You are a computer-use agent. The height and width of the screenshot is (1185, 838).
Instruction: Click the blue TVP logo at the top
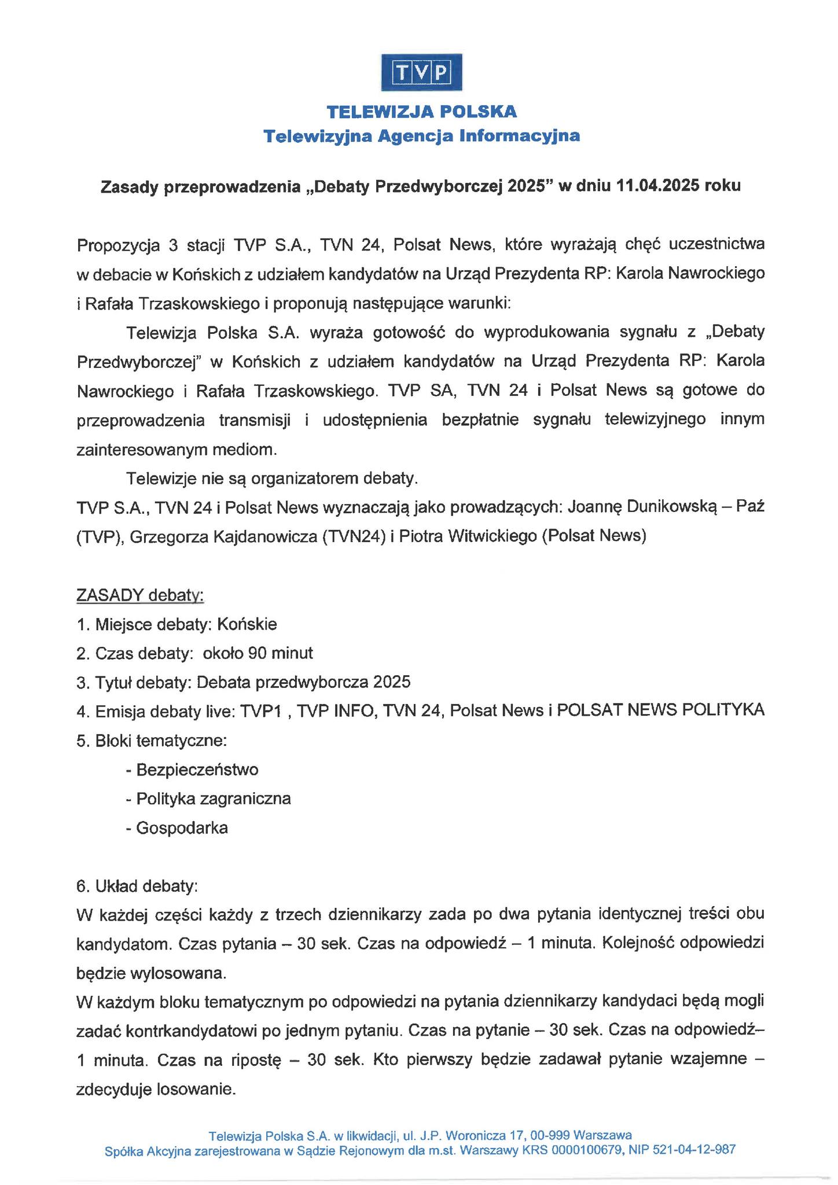pyautogui.click(x=421, y=72)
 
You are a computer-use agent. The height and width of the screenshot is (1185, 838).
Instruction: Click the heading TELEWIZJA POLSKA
pyautogui.click(x=421, y=111)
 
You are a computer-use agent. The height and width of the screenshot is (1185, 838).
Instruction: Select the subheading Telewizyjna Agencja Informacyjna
pyautogui.click(x=421, y=136)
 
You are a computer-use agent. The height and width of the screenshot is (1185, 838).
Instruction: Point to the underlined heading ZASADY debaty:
pyautogui.click(x=140, y=595)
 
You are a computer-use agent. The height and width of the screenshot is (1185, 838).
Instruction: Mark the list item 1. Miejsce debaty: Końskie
pyautogui.click(x=177, y=624)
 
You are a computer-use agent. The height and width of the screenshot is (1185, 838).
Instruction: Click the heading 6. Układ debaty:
pyautogui.click(x=137, y=886)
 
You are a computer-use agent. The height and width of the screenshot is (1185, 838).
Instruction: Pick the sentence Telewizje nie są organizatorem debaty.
pyautogui.click(x=271, y=479)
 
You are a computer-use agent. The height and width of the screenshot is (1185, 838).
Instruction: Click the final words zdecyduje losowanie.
pyautogui.click(x=156, y=1090)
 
